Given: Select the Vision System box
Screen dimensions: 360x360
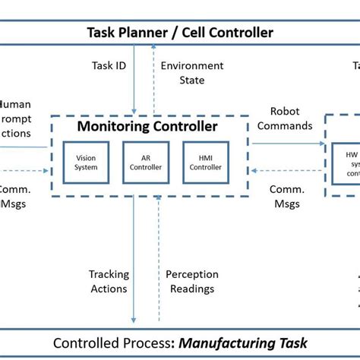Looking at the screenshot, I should (x=86, y=163).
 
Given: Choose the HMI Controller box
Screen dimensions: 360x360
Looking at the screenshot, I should (x=206, y=163).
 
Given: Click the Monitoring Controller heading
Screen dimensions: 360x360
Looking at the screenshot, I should (x=147, y=127).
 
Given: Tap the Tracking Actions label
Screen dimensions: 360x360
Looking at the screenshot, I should (x=109, y=281).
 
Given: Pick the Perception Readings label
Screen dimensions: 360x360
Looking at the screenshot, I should (x=192, y=281).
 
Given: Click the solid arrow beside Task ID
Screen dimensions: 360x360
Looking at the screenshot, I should (x=134, y=80).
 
